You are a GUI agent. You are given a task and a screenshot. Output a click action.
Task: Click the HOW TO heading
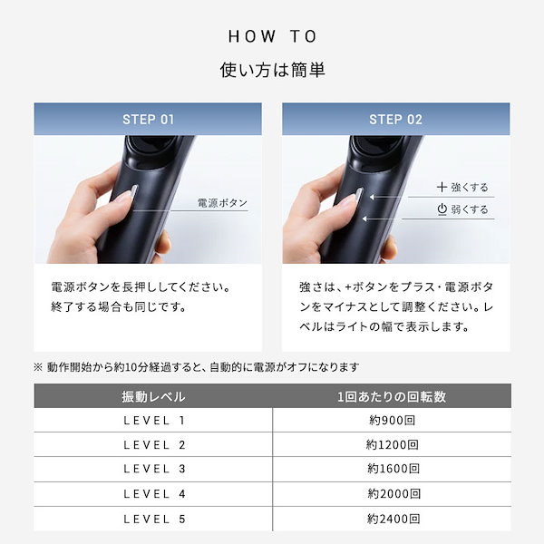(272, 36)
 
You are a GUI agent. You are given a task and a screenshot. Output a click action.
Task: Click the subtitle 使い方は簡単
(272, 70)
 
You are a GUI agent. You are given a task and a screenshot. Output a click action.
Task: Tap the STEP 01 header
(148, 119)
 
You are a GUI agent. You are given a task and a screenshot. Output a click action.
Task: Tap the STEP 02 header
(395, 119)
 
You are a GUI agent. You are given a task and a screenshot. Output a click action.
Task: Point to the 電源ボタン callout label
(222, 203)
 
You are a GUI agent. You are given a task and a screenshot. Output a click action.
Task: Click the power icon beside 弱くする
(442, 209)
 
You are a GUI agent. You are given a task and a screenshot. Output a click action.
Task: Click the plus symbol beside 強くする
(441, 187)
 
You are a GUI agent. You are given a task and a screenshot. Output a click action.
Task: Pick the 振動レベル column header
(153, 396)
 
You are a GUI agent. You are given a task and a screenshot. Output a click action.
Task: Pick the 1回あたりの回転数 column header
(392, 396)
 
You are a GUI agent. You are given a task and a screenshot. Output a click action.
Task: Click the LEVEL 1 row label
(153, 421)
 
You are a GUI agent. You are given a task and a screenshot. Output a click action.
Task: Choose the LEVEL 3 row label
(153, 470)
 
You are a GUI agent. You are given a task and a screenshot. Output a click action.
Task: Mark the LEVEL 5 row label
(153, 519)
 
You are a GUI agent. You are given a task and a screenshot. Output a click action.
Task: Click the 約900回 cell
(392, 421)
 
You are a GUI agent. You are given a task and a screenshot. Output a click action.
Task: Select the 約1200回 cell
(392, 445)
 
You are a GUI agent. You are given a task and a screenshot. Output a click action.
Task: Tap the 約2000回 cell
(392, 494)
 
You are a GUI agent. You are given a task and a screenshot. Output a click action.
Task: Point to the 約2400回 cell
(392, 519)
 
